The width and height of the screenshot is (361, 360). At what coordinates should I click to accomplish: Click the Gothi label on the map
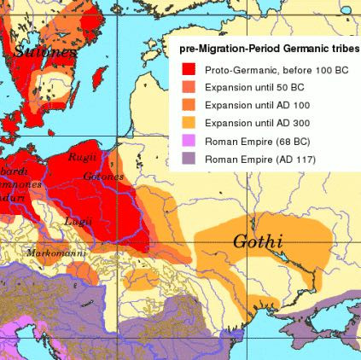coord(258,242)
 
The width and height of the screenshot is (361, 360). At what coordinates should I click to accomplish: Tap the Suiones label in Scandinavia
coord(41,51)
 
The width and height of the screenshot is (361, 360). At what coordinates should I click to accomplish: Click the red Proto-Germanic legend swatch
coord(188,69)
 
